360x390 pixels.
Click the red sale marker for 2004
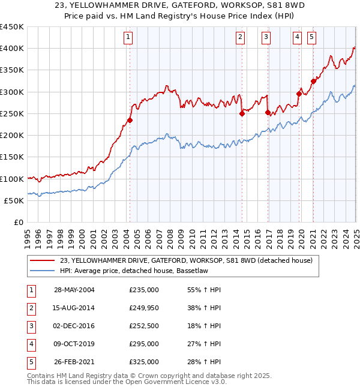pos(130,120)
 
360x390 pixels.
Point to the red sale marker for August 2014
pos(242,113)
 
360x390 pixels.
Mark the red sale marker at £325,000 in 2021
pos(313,81)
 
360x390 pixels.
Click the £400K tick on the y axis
pos(12,49)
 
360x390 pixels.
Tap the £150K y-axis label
pos(12,157)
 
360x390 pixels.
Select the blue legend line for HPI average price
pos(43,271)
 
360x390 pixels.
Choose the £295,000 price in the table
pos(144,344)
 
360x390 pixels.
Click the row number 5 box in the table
pos(30,362)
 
